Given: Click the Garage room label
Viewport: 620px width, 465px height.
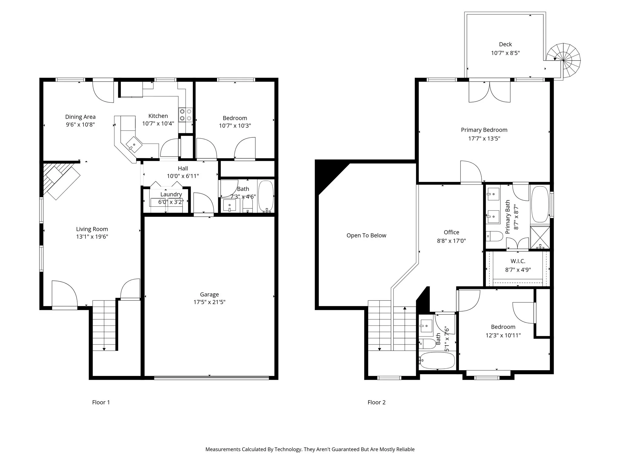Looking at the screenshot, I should click(x=209, y=294).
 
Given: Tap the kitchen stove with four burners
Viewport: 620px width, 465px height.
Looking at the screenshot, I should click(x=186, y=115).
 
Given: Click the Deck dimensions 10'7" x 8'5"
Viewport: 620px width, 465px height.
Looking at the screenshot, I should click(x=505, y=53).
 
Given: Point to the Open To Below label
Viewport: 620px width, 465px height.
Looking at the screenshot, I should click(x=366, y=236).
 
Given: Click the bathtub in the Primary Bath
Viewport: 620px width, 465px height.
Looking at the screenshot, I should click(x=540, y=204).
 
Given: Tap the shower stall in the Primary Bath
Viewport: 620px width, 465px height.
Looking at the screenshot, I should click(x=540, y=238).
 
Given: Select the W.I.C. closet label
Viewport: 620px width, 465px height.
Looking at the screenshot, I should click(x=518, y=261).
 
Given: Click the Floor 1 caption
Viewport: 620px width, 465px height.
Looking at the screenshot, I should click(x=101, y=402).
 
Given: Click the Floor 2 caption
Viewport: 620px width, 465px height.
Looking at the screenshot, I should click(x=376, y=402).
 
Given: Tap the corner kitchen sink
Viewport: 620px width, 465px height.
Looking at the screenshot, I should click(x=134, y=145).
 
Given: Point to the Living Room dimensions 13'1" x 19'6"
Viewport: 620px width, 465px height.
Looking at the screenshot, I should click(x=92, y=237).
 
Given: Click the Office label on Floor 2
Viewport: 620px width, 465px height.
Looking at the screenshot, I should click(x=451, y=232).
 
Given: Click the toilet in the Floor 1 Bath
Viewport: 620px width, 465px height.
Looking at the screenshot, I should click(x=248, y=206).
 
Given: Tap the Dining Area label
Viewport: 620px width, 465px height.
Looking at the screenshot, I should click(x=80, y=117).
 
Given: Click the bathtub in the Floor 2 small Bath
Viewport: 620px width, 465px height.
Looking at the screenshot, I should click(x=437, y=360).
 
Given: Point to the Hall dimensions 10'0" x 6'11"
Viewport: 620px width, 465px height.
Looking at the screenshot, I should click(x=183, y=176).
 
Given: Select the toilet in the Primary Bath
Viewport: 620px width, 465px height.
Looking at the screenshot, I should click(x=492, y=236).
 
